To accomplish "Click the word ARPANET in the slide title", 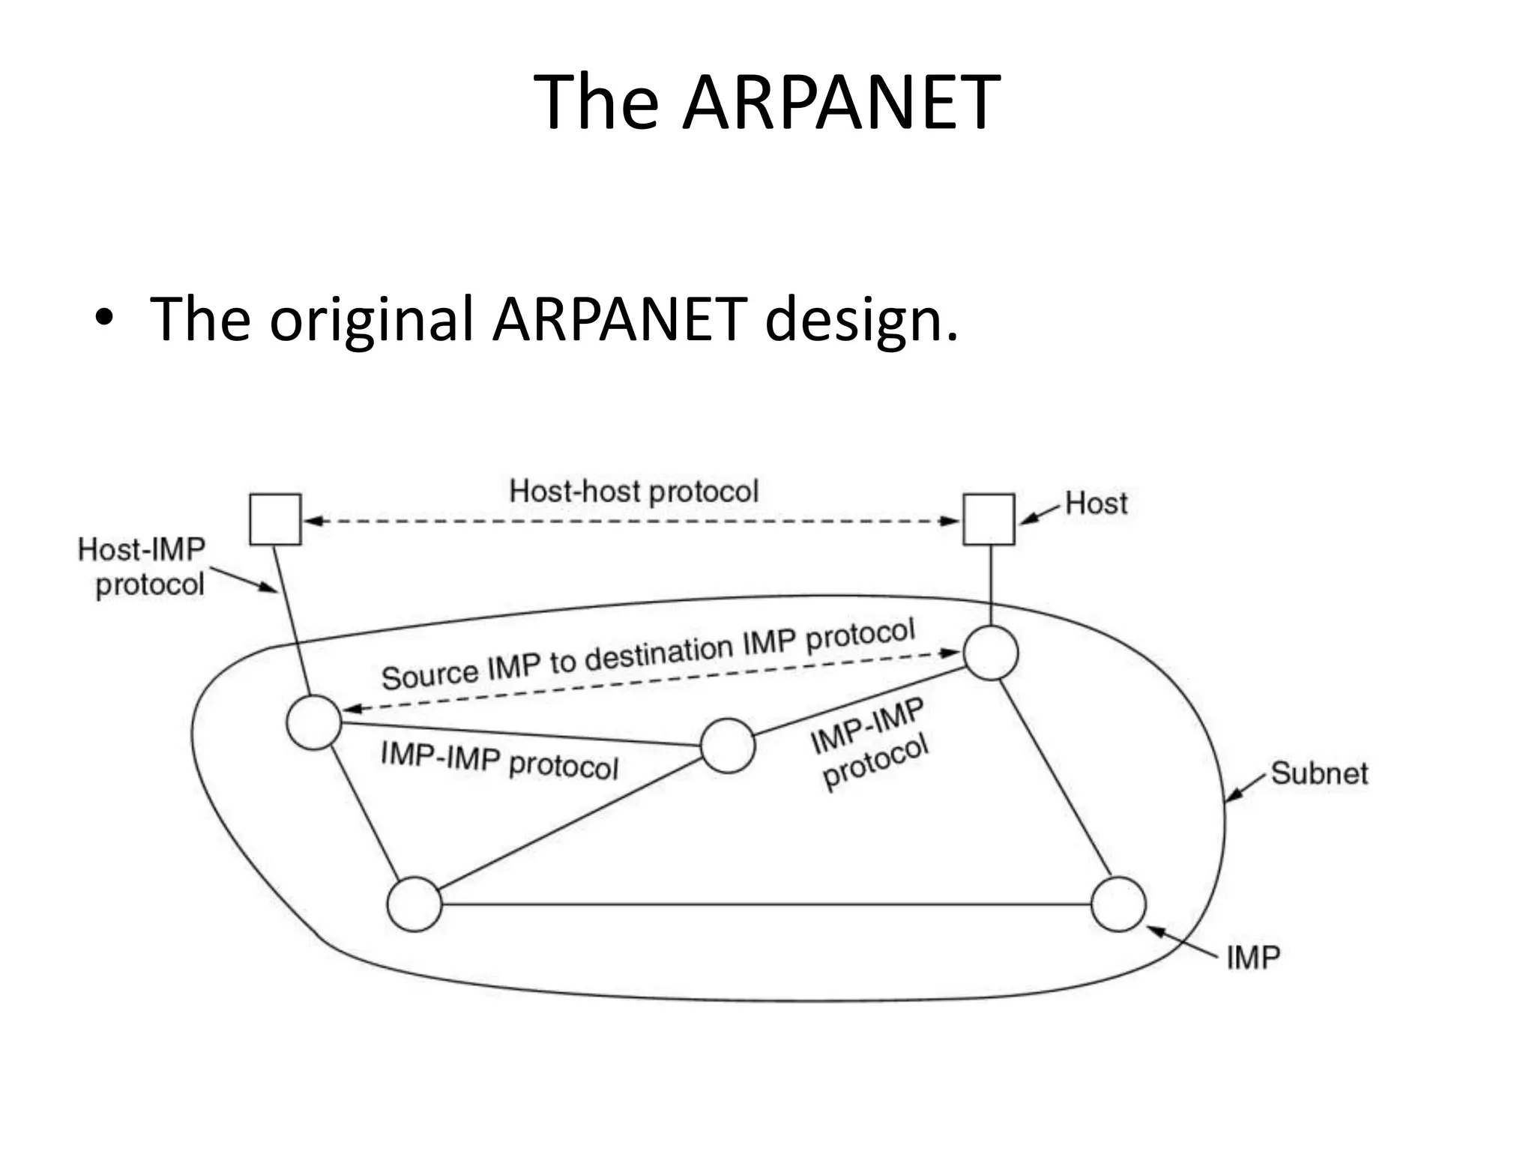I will click(x=840, y=103).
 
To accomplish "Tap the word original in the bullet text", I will click(x=372, y=319).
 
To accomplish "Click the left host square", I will click(x=275, y=519).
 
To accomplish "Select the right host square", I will click(x=989, y=519).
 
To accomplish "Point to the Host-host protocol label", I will click(x=634, y=492).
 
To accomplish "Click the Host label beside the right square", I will click(x=1096, y=503).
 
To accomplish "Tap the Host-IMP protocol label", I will click(x=142, y=567).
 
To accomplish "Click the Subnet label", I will click(x=1319, y=773).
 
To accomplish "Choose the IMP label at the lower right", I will click(x=1253, y=958).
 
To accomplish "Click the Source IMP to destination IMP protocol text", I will click(x=648, y=653).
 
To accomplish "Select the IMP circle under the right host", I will click(x=991, y=653).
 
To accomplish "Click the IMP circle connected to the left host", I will click(x=314, y=722).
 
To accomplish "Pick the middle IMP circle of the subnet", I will click(x=727, y=746).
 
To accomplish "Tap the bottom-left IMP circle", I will click(x=414, y=904).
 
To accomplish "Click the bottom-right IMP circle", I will click(x=1118, y=904).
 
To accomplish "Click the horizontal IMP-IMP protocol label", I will click(x=500, y=760).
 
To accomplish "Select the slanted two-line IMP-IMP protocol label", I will click(x=871, y=744).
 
